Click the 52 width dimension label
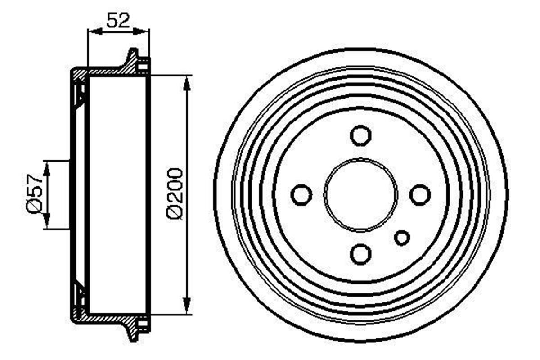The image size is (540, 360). pos(118,20)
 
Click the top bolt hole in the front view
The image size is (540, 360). pos(360,135)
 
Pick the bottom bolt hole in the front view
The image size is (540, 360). pos(360,254)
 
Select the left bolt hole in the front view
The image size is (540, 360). pos(301,195)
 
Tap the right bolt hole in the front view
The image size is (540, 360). pos(420,195)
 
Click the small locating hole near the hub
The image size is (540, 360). pos(402,238)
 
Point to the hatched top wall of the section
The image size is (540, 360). pos(103,71)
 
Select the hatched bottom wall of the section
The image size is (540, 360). pos(103,318)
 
